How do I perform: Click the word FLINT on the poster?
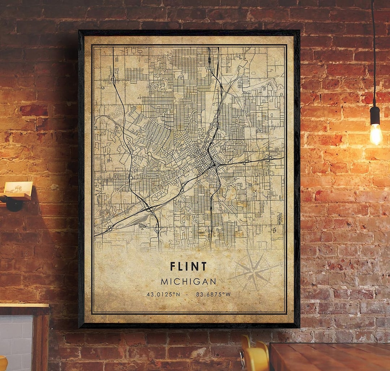pyautogui.click(x=188, y=267)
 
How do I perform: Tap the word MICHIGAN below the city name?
pyautogui.click(x=188, y=281)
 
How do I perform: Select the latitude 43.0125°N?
pyautogui.click(x=163, y=294)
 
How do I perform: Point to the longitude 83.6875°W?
pyautogui.click(x=213, y=294)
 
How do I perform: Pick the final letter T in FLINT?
pyautogui.click(x=204, y=267)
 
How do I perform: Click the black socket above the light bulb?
pyautogui.click(x=375, y=115)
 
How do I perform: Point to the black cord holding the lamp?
pyautogui.click(x=373, y=54)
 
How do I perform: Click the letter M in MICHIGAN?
pyautogui.click(x=164, y=281)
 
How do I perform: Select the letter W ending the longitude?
pyautogui.click(x=228, y=294)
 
